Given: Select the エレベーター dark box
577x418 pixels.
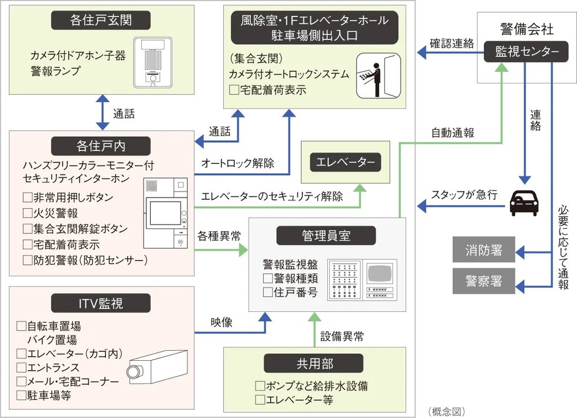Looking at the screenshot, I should click(x=346, y=162).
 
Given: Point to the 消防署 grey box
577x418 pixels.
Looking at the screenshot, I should click(x=483, y=250).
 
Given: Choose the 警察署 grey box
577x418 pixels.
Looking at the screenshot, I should click(x=483, y=280).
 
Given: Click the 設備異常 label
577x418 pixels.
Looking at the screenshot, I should click(x=341, y=337).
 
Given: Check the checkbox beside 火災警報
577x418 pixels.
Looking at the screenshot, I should click(x=27, y=213).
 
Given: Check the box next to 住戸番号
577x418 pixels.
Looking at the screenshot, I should click(x=268, y=292).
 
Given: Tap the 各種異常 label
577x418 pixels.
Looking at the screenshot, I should click(x=219, y=236).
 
